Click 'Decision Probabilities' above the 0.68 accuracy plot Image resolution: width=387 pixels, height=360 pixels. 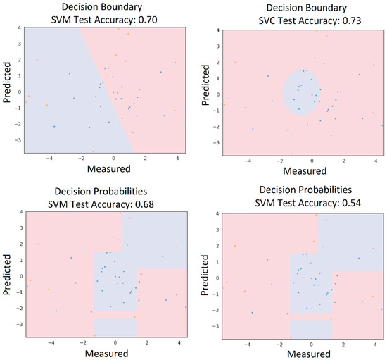coord(106,192)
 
